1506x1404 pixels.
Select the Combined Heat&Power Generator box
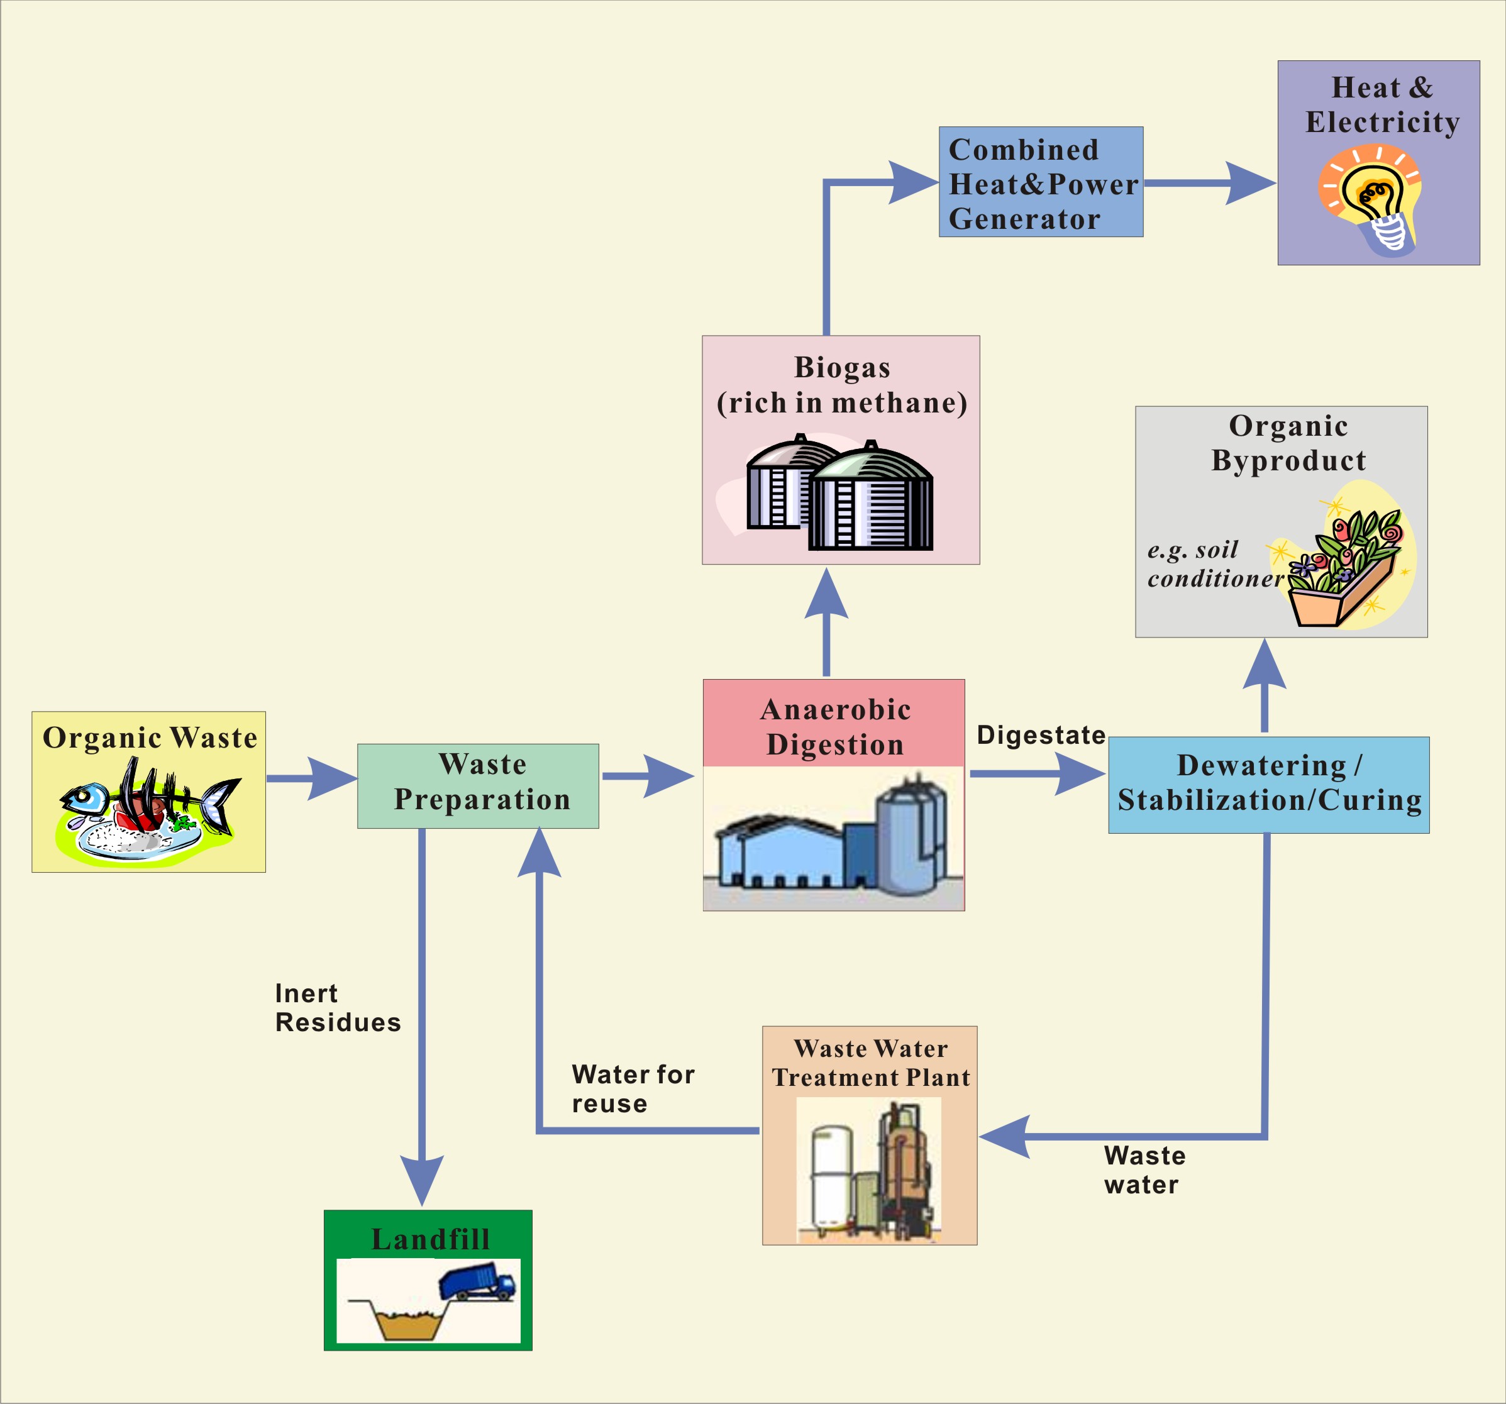point(1041,182)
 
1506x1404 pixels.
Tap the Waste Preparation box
point(478,785)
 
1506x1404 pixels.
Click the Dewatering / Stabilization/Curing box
point(1269,785)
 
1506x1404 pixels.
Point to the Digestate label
point(1041,735)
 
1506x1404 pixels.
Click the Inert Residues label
point(337,1008)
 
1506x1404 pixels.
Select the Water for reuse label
point(633,1088)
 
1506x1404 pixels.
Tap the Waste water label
point(1144,1170)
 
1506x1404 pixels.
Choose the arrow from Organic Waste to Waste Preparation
point(311,778)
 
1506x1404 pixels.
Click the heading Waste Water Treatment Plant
point(870,1063)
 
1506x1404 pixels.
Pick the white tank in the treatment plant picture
point(831,1175)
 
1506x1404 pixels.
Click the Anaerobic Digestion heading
point(835,727)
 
